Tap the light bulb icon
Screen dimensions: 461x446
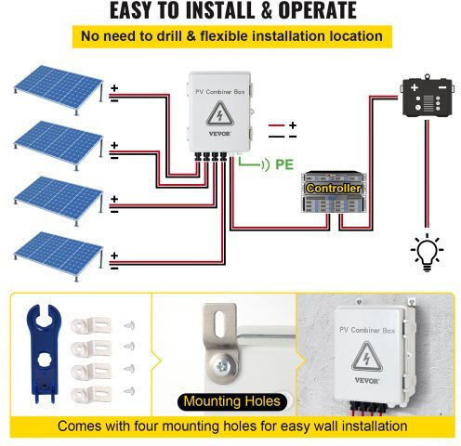point(427,253)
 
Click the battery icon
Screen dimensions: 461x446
point(428,96)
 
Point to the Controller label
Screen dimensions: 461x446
point(334,189)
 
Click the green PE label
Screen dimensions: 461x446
point(284,164)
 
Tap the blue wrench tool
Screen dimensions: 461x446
point(44,353)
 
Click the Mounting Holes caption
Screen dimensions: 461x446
point(232,401)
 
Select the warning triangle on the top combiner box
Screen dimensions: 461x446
point(219,113)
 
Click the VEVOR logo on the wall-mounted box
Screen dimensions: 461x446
point(366,380)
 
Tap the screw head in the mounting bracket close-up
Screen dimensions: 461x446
point(222,366)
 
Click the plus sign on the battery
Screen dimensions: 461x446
point(415,87)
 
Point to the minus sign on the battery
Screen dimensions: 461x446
point(442,87)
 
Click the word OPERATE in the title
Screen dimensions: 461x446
point(318,10)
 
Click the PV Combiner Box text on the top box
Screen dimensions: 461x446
point(220,92)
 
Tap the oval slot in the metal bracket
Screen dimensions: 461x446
point(219,324)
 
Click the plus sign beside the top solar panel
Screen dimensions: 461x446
point(114,88)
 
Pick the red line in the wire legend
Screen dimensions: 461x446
point(276,125)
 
